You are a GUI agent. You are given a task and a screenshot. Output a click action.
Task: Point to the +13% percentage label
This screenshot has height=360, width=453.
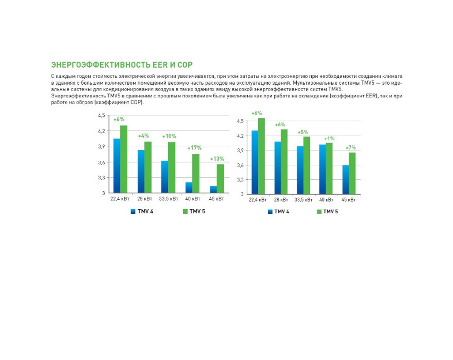pos(217,158)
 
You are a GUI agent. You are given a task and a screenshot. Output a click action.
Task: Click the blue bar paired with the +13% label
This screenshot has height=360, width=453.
pos(213,190)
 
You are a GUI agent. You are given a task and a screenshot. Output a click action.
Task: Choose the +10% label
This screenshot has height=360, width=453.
pos(169,136)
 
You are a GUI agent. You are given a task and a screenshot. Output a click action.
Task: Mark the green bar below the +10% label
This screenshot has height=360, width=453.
pos(172,168)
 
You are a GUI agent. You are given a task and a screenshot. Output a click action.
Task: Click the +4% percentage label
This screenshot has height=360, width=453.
pos(143,136)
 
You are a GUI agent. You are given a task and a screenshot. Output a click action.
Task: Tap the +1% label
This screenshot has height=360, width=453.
pos(329,139)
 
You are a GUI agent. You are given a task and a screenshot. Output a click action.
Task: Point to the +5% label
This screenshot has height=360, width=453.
pos(303,132)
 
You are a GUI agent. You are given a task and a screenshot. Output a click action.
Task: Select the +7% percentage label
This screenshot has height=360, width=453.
pos(351,148)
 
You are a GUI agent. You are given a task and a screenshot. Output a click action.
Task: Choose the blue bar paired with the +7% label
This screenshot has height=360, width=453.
pos(346,180)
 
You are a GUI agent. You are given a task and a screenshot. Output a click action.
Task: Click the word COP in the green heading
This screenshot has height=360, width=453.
pos(185,65)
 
